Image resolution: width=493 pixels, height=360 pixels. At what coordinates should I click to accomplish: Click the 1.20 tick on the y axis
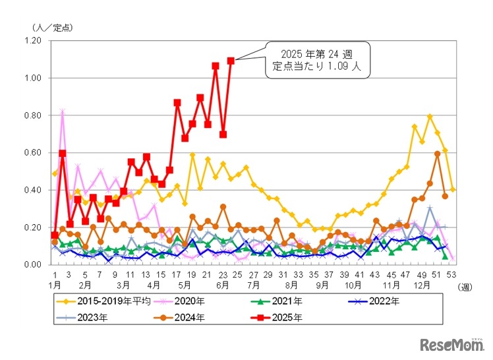pos(32,41)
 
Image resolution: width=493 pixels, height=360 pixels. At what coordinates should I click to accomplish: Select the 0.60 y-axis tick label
pos(32,153)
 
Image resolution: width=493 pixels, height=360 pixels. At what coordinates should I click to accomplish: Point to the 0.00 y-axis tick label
pos(32,265)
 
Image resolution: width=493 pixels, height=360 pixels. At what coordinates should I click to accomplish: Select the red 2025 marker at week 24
pos(231,61)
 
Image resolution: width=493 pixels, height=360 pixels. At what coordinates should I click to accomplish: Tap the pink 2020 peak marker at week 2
pos(63,111)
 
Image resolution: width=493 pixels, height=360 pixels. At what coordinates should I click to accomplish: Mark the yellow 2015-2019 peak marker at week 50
pos(430,117)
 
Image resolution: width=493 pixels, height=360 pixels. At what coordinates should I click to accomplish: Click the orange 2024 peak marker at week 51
pos(438,154)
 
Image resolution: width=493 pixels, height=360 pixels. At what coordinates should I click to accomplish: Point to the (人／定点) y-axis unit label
pos(52,27)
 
